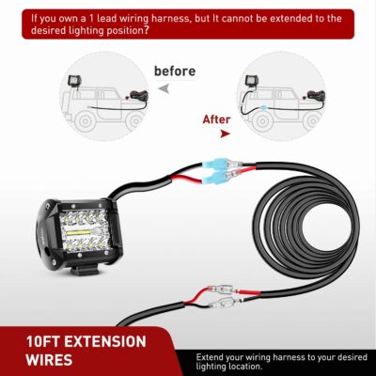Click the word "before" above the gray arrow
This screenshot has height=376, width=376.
tap(176, 70)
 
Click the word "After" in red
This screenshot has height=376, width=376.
tap(217, 119)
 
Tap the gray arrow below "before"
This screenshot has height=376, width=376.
tap(166, 90)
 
